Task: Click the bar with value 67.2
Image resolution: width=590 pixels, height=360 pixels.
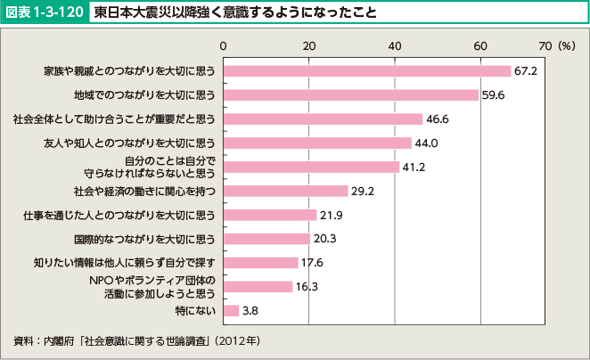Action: (x=366, y=70)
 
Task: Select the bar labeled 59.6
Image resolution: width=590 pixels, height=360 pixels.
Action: (x=350, y=94)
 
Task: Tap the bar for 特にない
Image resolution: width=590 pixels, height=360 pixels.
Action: (x=231, y=311)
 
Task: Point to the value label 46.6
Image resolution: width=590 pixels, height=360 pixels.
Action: (x=438, y=119)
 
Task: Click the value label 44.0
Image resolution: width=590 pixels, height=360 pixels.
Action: (x=427, y=143)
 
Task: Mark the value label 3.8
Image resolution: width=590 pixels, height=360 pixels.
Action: (x=251, y=311)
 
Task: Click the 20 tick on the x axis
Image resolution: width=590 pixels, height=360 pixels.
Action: (x=308, y=45)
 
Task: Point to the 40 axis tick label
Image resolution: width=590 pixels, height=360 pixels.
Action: (x=395, y=45)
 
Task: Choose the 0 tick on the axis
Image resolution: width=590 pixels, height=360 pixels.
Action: (x=223, y=45)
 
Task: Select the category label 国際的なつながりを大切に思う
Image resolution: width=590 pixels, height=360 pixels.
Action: (x=145, y=239)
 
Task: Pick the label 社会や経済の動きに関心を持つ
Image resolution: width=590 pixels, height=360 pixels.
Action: (x=145, y=191)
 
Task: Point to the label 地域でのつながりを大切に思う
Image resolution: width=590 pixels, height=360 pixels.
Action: (x=145, y=94)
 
